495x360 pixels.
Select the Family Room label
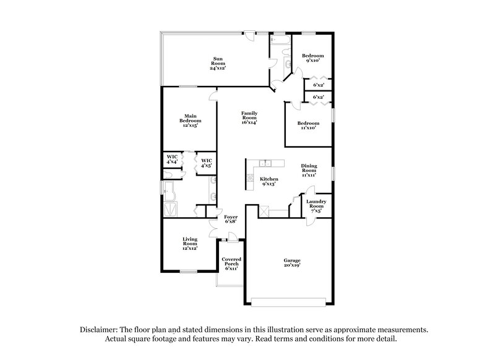249,118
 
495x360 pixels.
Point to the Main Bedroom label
189,120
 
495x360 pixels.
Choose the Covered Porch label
231,264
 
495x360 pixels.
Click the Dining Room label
309,170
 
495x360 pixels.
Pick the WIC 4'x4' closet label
172,160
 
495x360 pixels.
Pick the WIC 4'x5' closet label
206,163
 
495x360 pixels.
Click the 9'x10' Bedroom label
312,59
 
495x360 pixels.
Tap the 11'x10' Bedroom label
309,125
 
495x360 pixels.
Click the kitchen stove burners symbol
251,178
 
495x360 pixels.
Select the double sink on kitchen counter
266,163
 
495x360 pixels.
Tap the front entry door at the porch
231,237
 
